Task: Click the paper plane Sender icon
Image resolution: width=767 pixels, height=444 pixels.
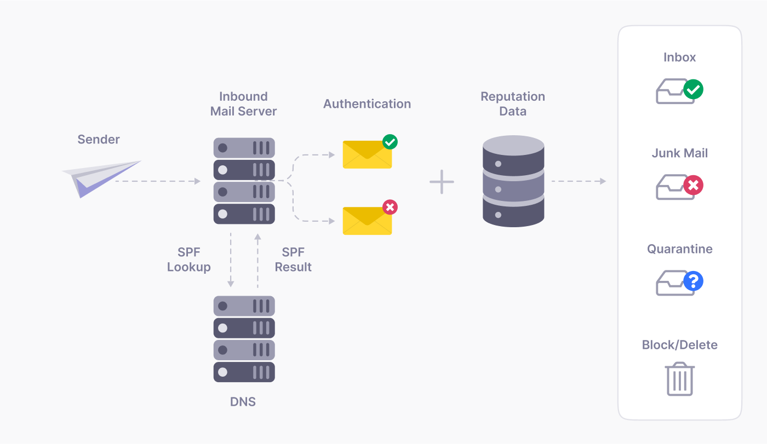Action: click(101, 177)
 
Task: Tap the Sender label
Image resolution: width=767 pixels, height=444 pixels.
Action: click(99, 140)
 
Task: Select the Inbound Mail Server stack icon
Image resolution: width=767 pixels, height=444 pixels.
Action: click(244, 181)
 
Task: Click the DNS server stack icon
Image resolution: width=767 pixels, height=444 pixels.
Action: click(244, 339)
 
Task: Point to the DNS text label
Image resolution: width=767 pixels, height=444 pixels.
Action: click(243, 402)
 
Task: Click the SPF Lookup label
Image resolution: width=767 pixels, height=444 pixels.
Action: click(189, 260)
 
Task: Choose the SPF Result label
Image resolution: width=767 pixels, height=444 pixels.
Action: click(293, 260)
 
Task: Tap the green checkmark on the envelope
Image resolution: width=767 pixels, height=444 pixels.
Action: click(390, 142)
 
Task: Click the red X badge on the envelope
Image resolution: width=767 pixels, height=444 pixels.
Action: click(390, 207)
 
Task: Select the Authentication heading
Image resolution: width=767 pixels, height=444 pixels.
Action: click(367, 104)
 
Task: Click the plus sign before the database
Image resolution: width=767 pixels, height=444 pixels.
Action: click(442, 182)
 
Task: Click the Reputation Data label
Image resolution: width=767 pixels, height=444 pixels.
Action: click(513, 104)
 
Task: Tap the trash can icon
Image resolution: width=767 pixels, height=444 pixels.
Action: click(680, 379)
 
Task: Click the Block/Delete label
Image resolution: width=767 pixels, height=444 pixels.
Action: click(680, 345)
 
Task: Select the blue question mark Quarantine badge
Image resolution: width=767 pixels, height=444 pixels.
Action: click(693, 281)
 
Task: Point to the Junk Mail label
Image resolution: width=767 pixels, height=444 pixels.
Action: click(680, 153)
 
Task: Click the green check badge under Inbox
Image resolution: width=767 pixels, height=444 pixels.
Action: click(693, 89)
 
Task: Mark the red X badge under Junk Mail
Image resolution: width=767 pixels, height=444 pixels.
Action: click(693, 186)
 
